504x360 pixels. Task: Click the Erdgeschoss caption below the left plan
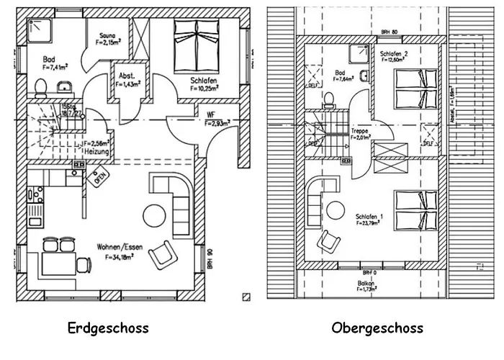108,328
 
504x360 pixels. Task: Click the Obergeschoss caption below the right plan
377,328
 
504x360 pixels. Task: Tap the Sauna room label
106,34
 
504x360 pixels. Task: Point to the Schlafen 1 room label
369,216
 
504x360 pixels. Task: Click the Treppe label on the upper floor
360,131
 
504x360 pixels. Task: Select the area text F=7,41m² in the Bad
55,67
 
